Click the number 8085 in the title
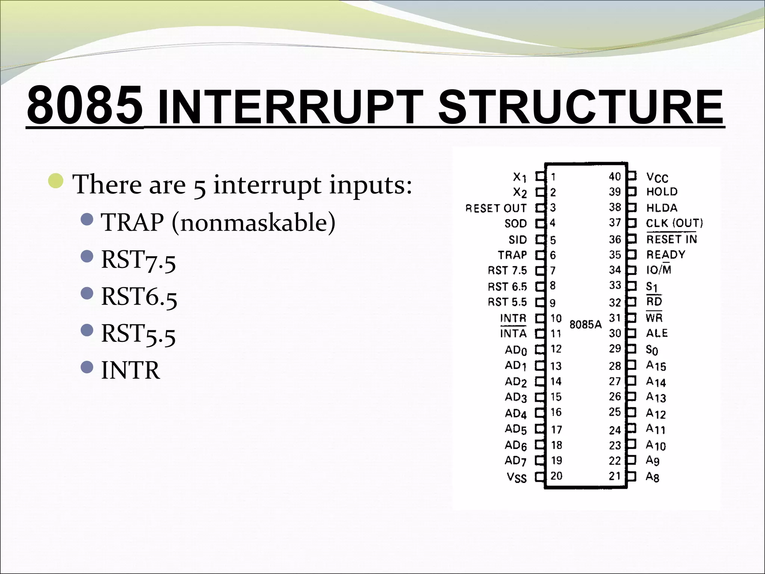(85, 106)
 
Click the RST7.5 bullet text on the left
(138, 260)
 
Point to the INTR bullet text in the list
(130, 370)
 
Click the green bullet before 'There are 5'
(56, 181)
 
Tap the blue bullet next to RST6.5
(87, 293)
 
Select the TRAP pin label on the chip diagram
(512, 255)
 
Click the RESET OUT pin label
(496, 208)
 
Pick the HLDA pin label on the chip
(662, 208)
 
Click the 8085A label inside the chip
(585, 324)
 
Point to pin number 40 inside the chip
(615, 176)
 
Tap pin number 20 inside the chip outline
(556, 476)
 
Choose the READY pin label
(666, 255)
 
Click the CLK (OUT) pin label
(674, 223)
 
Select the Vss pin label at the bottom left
(516, 478)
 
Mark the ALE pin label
(657, 333)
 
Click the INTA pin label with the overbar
(513, 333)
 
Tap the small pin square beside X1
(540, 176)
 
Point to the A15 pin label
(656, 365)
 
